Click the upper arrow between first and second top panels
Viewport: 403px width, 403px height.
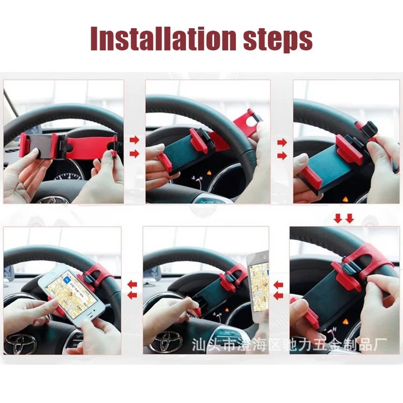(x=134, y=140)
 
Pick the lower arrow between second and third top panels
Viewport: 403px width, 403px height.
(x=282, y=156)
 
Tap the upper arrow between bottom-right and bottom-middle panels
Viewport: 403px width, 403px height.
(x=278, y=285)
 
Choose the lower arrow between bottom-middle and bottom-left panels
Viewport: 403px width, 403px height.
(x=132, y=295)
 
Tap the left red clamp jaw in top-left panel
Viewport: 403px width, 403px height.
(x=24, y=145)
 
